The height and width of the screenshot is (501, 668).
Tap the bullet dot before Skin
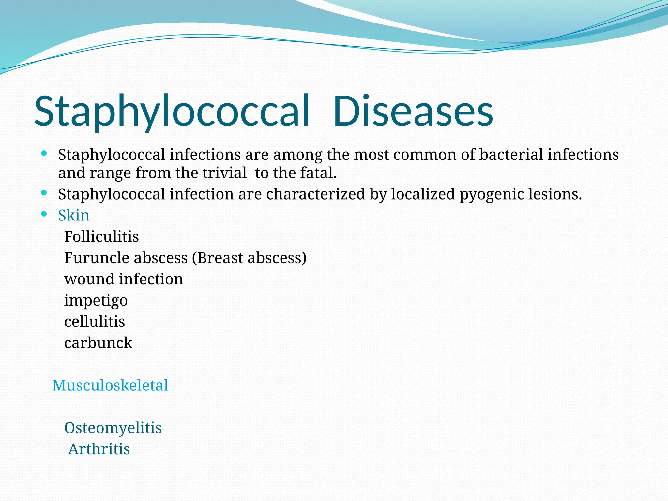coord(44,214)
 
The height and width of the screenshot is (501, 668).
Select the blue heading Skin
coord(74,216)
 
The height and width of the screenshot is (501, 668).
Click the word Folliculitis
coord(101,237)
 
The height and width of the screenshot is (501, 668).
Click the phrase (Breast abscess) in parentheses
coord(249,258)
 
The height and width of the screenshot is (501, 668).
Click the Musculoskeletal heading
coord(110,386)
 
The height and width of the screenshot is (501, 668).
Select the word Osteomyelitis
coord(113,428)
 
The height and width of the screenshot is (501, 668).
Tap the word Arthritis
coord(99,449)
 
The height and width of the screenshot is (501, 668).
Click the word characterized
coord(316,194)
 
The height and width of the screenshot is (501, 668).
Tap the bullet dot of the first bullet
coord(44,153)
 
